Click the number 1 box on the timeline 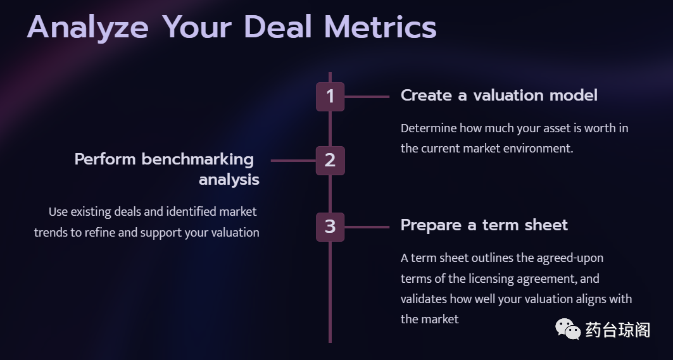coord(330,97)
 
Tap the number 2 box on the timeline coord(330,161)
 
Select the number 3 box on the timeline coord(330,227)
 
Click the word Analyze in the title coord(88,28)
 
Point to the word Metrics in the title coord(381,27)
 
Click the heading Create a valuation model coord(499,96)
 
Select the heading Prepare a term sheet coord(484,225)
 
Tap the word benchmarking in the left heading coord(198,159)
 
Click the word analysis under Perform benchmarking coord(229,180)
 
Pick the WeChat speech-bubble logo coord(568,328)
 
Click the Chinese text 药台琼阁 coord(618,330)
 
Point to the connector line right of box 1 coord(367,97)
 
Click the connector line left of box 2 coord(294,161)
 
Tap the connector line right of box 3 coord(367,227)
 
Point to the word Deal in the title coord(278,27)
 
